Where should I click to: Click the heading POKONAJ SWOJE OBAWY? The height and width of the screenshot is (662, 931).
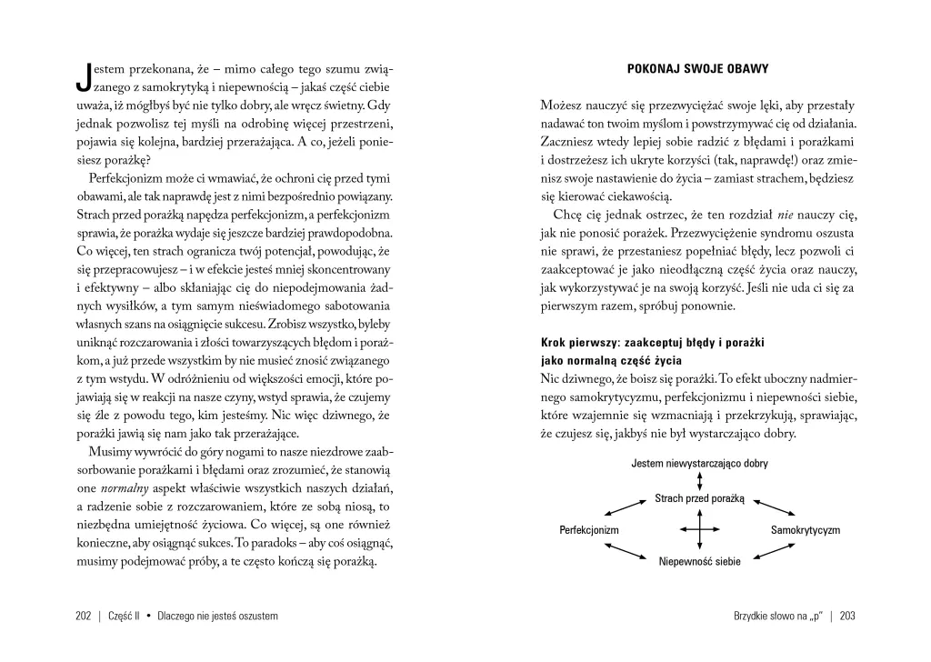point(699,71)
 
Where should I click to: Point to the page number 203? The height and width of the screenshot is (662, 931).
point(848,616)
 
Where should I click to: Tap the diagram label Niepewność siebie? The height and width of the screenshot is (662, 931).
point(699,562)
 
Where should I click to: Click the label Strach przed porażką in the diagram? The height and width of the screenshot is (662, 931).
point(699,498)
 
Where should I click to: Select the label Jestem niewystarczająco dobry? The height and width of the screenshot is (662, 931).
point(699,464)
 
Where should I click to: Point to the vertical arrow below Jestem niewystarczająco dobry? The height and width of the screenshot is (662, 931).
point(698,481)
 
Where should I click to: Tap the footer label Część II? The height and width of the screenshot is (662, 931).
point(126,616)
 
